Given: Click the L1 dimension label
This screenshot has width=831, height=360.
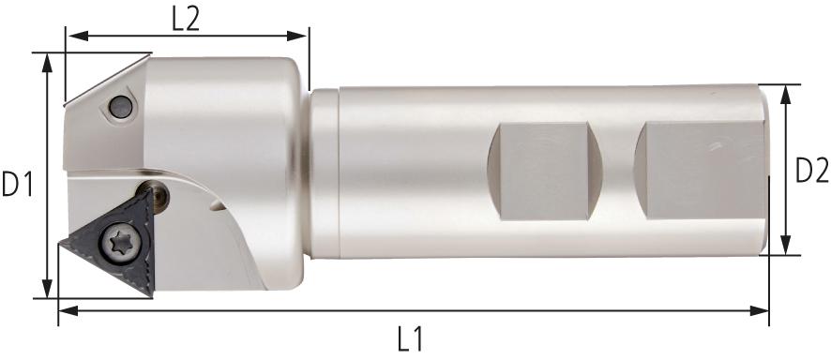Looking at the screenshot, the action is tap(410, 338).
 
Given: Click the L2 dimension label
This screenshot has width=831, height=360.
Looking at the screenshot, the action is tap(186, 20).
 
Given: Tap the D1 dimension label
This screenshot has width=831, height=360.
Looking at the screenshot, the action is tap(18, 184).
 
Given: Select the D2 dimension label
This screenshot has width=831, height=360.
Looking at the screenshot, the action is tap(812, 171).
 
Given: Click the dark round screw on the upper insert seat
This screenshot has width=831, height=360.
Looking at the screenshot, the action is tap(121, 107).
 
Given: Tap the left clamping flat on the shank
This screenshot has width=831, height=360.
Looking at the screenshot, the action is tap(544, 171).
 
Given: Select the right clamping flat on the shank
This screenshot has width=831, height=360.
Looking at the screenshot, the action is tap(701, 170).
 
